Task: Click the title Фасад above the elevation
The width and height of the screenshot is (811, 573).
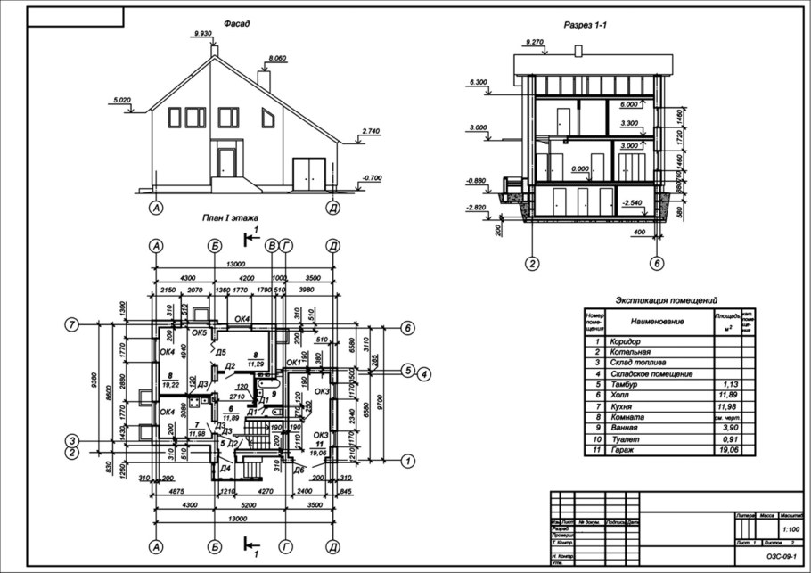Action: (236, 23)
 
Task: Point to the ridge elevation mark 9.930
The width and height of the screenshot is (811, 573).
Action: (202, 33)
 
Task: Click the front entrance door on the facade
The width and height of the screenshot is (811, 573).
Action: (226, 163)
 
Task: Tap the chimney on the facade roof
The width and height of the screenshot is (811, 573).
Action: (263, 78)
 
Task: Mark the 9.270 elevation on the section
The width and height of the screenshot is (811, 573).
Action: (535, 42)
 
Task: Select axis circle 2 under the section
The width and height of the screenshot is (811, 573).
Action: (531, 263)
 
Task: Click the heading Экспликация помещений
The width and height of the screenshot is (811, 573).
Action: (667, 301)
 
